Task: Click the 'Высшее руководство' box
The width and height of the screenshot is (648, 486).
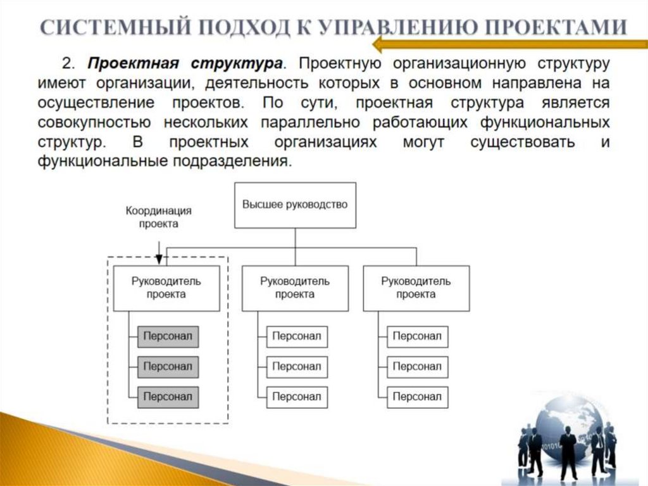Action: point(295,205)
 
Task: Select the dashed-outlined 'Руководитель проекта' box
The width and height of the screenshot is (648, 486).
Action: point(166,288)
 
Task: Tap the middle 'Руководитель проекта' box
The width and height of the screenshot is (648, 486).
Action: point(295,288)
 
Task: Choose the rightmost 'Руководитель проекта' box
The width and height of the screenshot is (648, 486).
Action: point(416,288)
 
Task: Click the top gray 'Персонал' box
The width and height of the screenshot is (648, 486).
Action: point(168,336)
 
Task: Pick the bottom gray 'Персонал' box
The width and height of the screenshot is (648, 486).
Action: point(168,397)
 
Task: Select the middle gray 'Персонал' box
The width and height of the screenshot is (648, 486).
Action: point(168,366)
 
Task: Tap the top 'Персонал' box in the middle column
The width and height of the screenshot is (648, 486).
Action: point(297,336)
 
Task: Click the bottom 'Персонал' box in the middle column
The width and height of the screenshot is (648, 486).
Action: point(297,397)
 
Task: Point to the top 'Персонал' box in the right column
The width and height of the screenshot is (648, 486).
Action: point(417,336)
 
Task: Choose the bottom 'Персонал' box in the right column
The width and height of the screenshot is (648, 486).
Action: point(417,397)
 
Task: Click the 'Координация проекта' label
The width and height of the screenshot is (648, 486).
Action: point(159,217)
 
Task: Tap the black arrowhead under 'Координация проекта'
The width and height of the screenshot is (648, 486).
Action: point(159,259)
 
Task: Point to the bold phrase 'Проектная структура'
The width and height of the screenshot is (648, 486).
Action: point(184,64)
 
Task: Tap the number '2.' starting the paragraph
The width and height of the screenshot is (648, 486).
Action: point(69,64)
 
